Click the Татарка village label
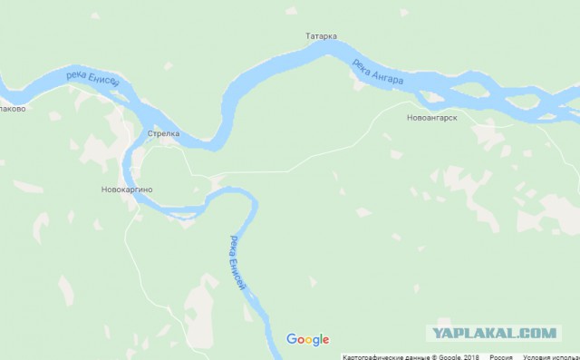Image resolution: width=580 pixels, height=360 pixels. pyautogui.click(x=322, y=36)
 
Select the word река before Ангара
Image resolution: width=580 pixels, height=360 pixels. pyautogui.click(x=361, y=65)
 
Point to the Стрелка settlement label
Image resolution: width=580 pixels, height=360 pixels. pyautogui.click(x=164, y=134)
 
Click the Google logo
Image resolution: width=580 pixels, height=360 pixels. pyautogui.click(x=307, y=339)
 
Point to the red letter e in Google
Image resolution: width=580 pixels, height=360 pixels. pyautogui.click(x=324, y=340)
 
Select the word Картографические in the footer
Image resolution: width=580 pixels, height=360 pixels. pyautogui.click(x=367, y=355)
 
